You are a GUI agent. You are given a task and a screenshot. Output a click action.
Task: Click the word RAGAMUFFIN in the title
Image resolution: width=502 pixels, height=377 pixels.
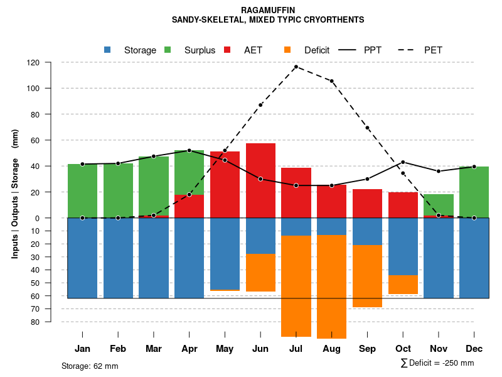(x=268, y=10)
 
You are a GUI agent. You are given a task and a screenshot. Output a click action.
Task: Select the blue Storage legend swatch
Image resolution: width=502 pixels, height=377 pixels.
(x=107, y=50)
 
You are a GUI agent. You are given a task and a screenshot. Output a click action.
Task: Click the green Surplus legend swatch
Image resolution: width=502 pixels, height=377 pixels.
(x=168, y=50)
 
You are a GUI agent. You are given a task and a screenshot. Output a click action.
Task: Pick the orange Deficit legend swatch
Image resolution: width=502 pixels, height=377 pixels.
(x=287, y=50)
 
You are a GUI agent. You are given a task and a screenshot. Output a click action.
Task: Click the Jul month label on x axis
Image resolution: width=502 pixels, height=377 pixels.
(x=296, y=349)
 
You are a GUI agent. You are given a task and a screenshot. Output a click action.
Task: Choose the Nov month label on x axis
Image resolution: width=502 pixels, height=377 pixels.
(x=438, y=349)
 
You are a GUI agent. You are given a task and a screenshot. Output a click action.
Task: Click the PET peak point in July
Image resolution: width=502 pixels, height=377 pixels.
(x=296, y=67)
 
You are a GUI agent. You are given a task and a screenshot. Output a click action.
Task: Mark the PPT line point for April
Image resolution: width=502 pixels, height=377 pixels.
(x=190, y=150)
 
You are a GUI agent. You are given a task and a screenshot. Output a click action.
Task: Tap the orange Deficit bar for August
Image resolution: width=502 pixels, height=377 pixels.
(x=331, y=287)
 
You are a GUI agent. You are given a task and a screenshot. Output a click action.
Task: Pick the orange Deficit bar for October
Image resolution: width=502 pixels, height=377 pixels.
(x=403, y=285)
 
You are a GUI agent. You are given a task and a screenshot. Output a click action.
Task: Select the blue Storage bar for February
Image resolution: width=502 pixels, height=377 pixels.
(x=118, y=258)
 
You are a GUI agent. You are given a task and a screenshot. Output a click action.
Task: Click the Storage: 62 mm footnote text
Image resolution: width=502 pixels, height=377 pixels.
(x=90, y=366)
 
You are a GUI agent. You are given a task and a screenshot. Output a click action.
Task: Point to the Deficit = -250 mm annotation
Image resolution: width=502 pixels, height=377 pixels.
(x=437, y=363)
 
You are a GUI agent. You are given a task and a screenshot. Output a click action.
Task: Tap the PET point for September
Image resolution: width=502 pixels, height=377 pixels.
(x=367, y=128)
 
